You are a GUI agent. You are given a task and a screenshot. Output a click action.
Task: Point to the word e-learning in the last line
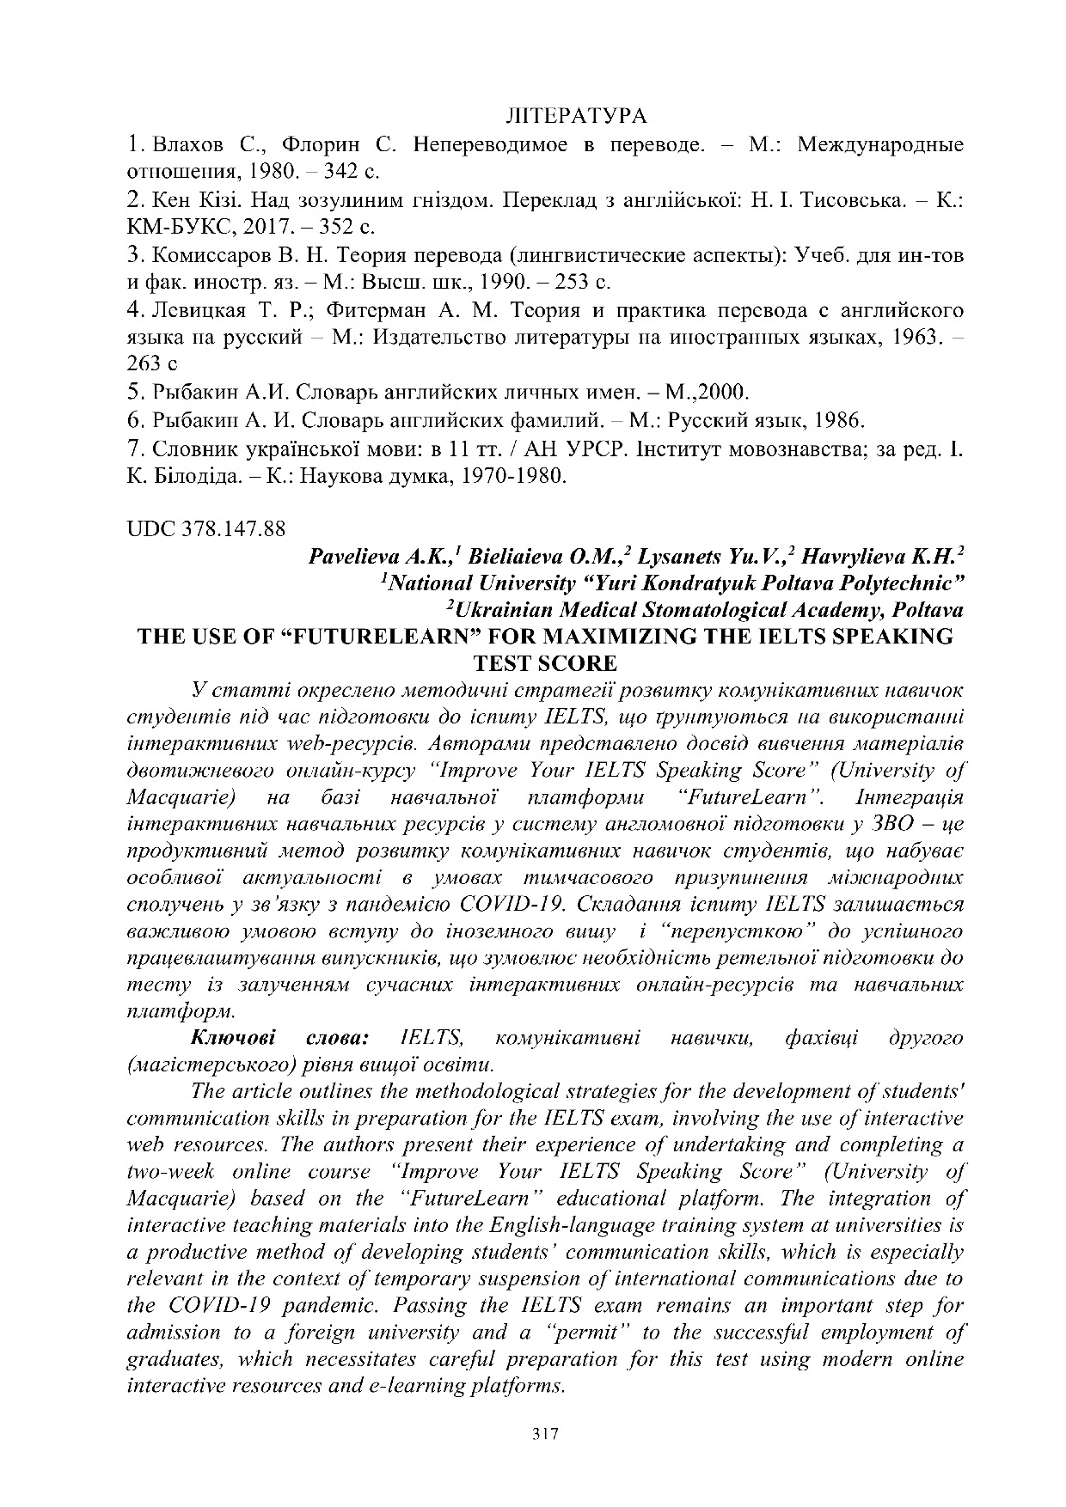(414, 1386)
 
